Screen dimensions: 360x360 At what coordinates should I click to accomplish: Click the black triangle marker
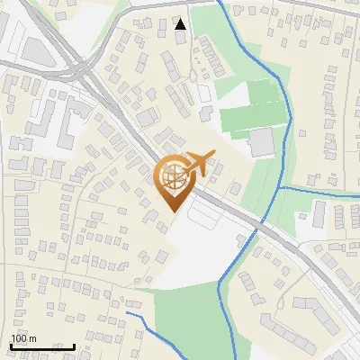tap(181, 23)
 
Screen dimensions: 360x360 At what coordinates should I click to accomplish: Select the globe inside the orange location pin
tap(174, 175)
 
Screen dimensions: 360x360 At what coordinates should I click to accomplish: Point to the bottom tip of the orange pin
tap(174, 210)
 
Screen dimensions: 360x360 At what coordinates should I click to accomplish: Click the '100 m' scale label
tap(23, 338)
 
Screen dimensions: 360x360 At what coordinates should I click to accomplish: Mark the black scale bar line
tap(41, 346)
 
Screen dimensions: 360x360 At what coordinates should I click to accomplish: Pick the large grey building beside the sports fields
tap(262, 141)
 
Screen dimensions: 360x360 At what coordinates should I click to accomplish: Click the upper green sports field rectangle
tap(264, 92)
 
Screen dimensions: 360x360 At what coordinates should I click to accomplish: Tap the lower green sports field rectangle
tap(247, 120)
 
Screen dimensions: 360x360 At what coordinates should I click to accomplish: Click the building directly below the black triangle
tap(182, 40)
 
